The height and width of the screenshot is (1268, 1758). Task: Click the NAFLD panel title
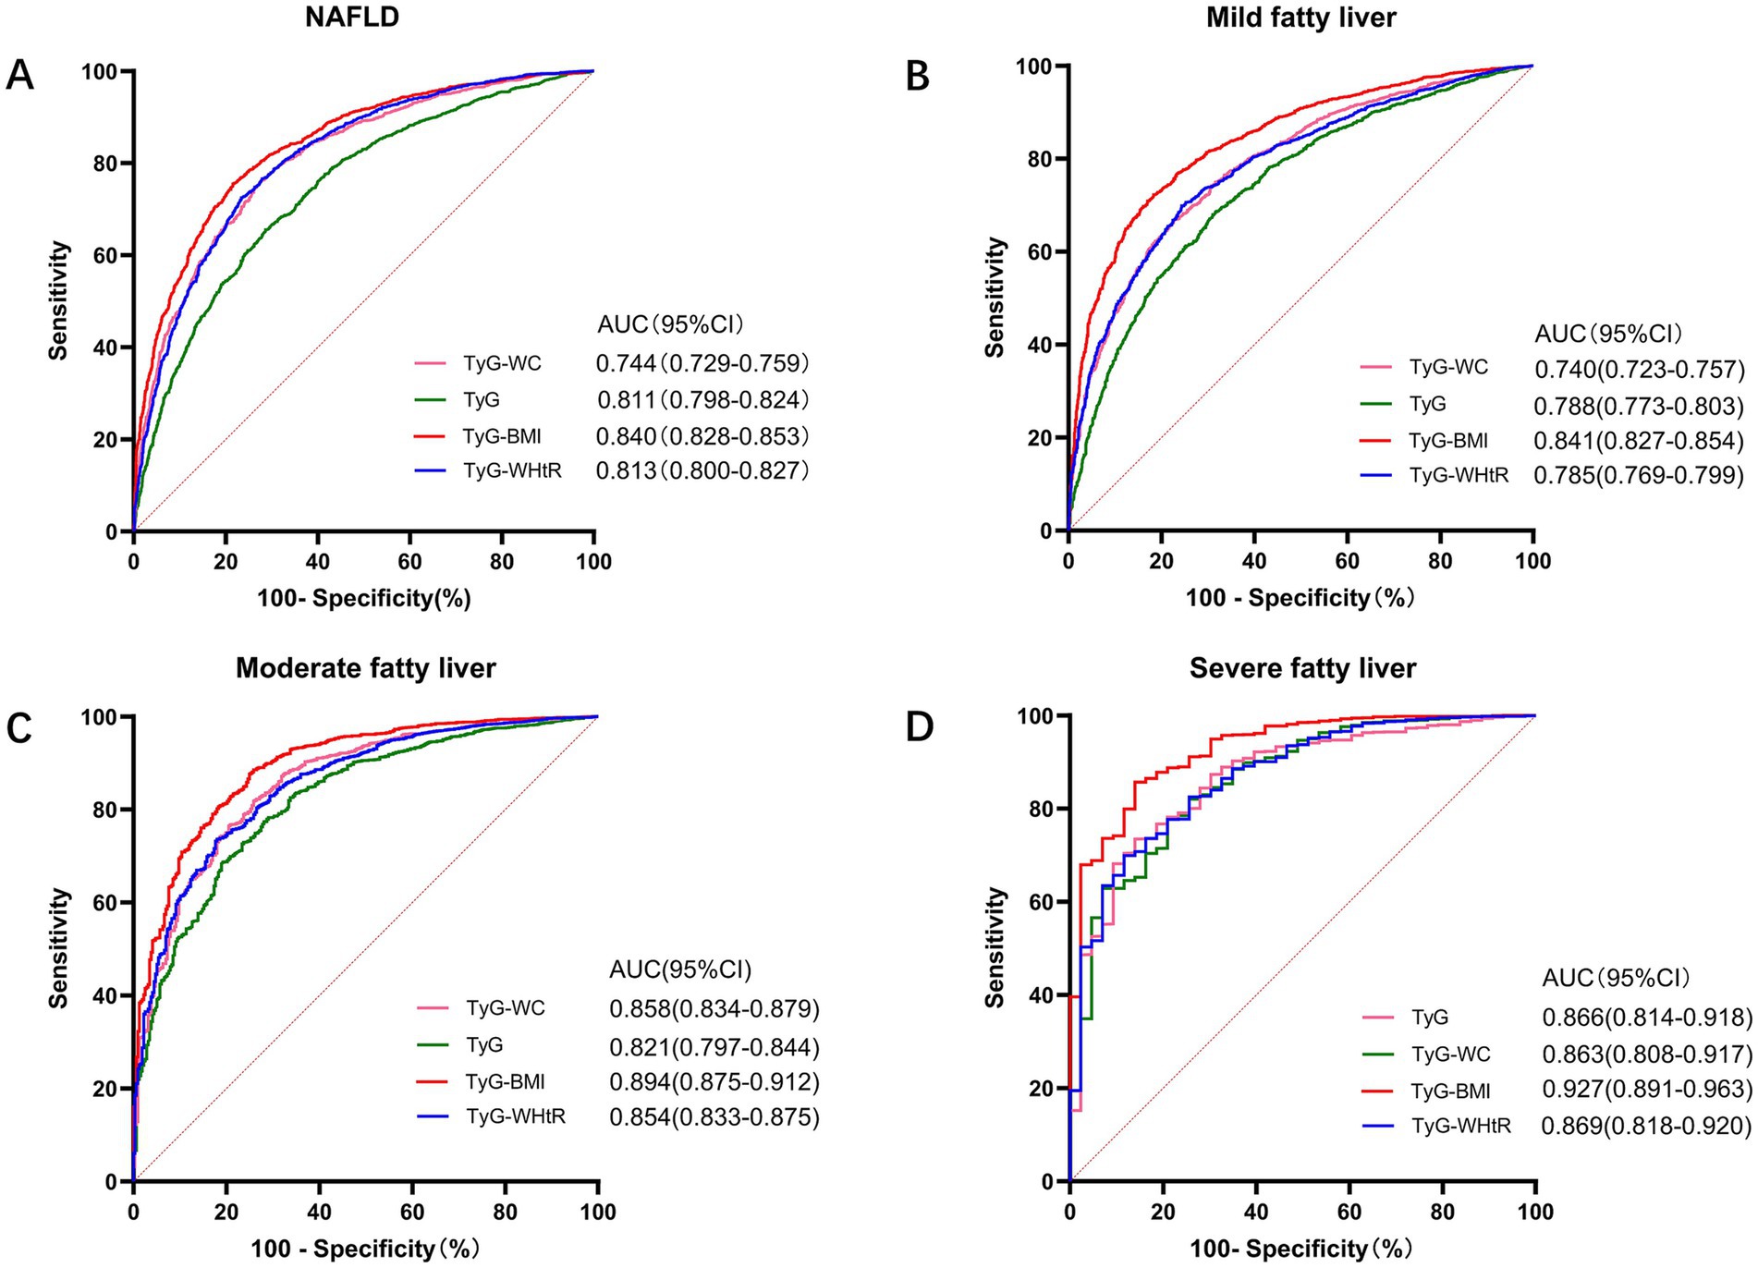[x=351, y=18]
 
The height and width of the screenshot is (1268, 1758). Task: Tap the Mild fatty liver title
[x=1300, y=18]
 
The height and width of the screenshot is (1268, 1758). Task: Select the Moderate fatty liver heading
[x=365, y=667]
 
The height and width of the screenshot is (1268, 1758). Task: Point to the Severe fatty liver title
[x=1302, y=667]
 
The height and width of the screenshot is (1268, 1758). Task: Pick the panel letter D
[x=919, y=726]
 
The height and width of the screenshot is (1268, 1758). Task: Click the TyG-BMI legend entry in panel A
[x=502, y=436]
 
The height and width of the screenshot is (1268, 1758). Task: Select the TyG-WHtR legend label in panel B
[x=1459, y=475]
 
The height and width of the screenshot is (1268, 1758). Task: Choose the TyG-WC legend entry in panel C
[x=506, y=1007]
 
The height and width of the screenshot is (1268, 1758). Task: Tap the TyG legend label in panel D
[x=1430, y=1018]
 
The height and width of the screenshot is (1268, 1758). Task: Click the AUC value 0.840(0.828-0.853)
[x=702, y=436]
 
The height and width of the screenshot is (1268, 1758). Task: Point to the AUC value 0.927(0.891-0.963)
[x=1647, y=1091]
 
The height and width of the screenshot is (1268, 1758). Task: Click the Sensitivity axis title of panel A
[x=59, y=300]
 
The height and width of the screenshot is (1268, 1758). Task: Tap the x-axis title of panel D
[x=1300, y=1250]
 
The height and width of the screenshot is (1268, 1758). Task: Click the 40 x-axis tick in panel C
[x=319, y=1213]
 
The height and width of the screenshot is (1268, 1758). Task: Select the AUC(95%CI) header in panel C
[x=680, y=969]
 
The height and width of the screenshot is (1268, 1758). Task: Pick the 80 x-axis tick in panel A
[x=502, y=562]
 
